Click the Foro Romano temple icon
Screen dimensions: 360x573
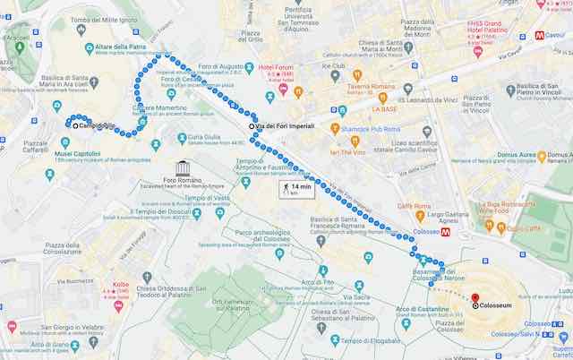coord(184,167)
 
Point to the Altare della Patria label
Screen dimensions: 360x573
coord(120,46)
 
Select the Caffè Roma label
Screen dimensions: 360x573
coord(415,206)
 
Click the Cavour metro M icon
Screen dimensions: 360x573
coord(541,35)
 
